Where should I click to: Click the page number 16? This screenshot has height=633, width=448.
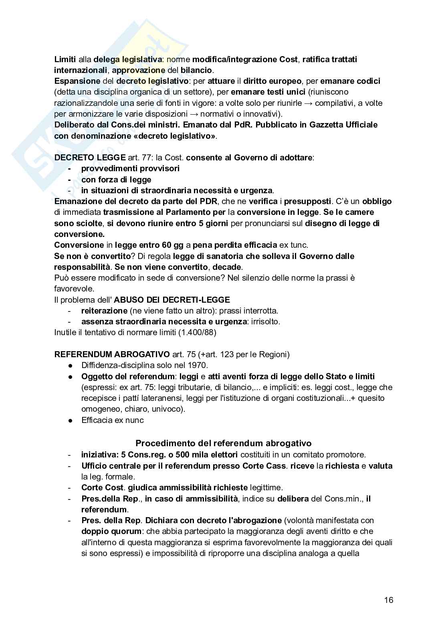388,600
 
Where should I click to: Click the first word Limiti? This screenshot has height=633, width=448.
65,59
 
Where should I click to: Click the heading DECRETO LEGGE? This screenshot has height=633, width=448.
90,158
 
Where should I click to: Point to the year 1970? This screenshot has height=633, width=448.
198,365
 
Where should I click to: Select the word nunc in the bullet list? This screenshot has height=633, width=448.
135,420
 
